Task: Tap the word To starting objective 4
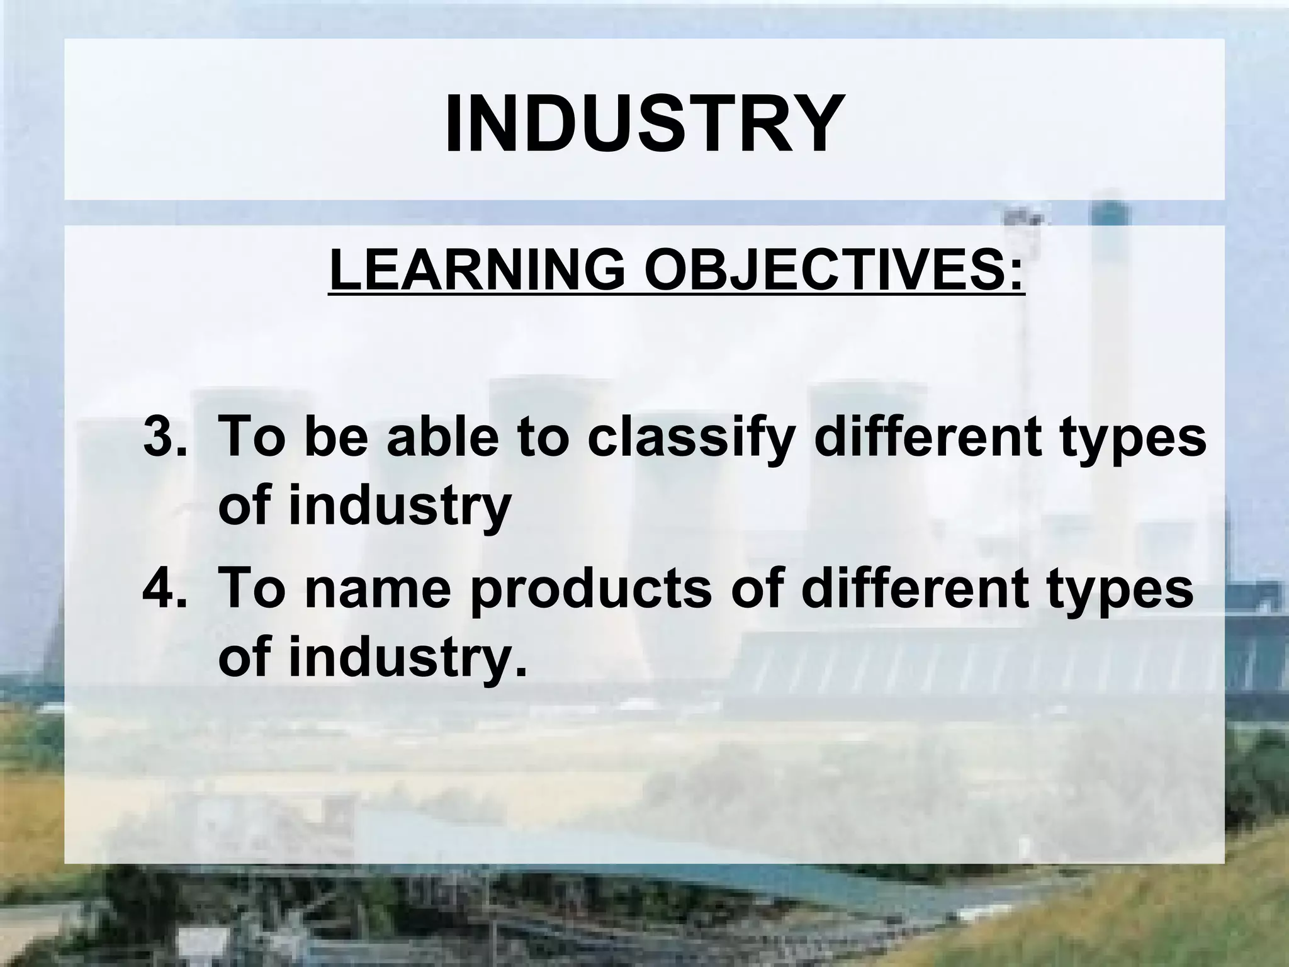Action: (x=251, y=587)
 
